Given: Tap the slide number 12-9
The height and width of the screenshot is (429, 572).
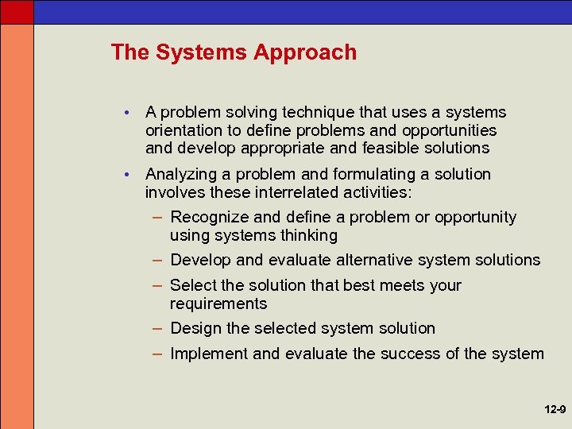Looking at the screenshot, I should [555, 410].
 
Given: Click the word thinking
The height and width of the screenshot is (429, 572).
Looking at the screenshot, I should [308, 235].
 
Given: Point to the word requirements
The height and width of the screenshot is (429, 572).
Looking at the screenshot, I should [218, 303].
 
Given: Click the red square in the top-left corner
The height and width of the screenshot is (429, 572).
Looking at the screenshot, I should [17, 11].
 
